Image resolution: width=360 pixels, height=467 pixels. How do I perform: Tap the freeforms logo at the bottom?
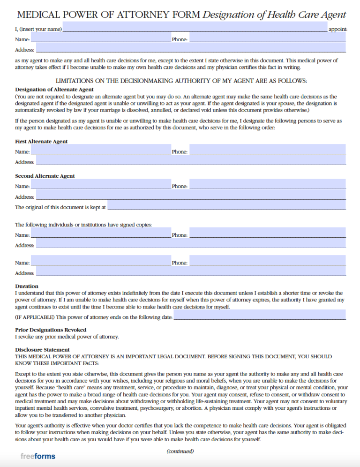(38, 456)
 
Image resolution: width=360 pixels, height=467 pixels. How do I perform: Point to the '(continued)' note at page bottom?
(180, 452)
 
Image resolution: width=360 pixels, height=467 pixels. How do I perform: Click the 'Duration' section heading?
(27, 286)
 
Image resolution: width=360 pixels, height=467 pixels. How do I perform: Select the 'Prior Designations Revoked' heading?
(51, 330)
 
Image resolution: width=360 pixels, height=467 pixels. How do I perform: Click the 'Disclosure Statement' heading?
(42, 349)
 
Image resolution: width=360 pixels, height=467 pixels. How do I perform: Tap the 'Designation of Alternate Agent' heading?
(54, 89)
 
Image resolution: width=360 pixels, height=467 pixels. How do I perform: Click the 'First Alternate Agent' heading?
(41, 141)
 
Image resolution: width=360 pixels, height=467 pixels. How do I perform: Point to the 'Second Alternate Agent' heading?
(45, 176)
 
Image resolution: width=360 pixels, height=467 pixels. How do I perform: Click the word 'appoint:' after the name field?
(337, 29)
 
